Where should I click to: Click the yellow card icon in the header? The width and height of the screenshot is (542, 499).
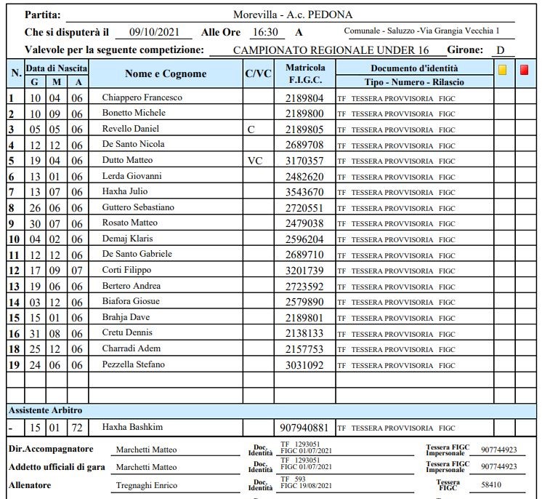pos(502,71)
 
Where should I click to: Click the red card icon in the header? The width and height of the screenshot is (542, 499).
pos(525,71)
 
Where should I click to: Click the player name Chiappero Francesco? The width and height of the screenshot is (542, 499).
pos(142,97)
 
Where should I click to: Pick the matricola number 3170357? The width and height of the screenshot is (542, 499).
pos(304,160)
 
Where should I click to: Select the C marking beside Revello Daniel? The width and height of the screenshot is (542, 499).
pos(251,129)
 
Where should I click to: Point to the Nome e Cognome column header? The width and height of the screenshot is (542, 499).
pos(166,73)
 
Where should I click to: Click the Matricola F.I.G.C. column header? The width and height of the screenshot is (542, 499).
pos(305,73)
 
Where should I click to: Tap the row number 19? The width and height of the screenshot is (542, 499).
pos(13,364)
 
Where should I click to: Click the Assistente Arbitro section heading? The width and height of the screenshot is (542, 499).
pos(45,410)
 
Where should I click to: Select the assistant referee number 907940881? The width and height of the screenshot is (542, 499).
pos(304,428)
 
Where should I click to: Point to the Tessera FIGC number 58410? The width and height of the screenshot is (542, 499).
pos(490,484)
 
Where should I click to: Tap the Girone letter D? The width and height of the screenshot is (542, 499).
pos(500,49)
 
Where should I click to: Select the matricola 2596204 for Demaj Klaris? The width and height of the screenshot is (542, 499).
pos(304,239)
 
